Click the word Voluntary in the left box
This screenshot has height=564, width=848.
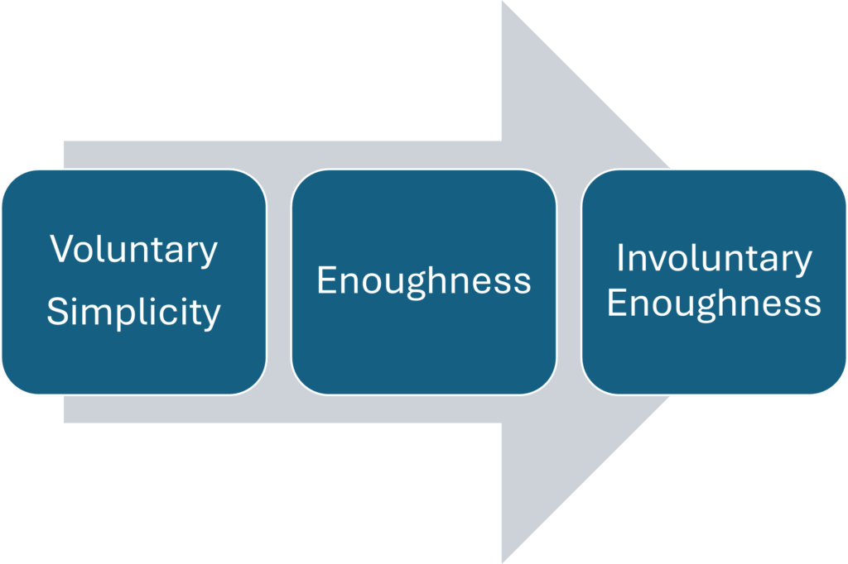point(134,250)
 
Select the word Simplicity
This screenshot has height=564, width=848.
point(134,313)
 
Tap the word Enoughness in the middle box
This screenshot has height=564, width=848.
point(424,281)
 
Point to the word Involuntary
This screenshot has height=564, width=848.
point(714,259)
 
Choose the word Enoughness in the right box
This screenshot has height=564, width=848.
point(714,303)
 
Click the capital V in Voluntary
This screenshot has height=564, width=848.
point(60,249)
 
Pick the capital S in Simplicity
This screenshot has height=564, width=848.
point(56,312)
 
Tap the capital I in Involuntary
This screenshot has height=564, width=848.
point(620,258)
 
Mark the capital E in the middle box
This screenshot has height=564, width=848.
point(325,281)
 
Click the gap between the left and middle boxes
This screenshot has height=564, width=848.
point(279,281)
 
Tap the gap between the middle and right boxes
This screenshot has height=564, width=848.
point(569,281)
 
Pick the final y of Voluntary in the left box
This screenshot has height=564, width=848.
point(210,254)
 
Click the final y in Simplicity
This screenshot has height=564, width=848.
point(213,317)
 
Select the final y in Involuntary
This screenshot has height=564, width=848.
point(803,263)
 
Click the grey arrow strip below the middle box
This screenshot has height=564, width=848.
point(424,409)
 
